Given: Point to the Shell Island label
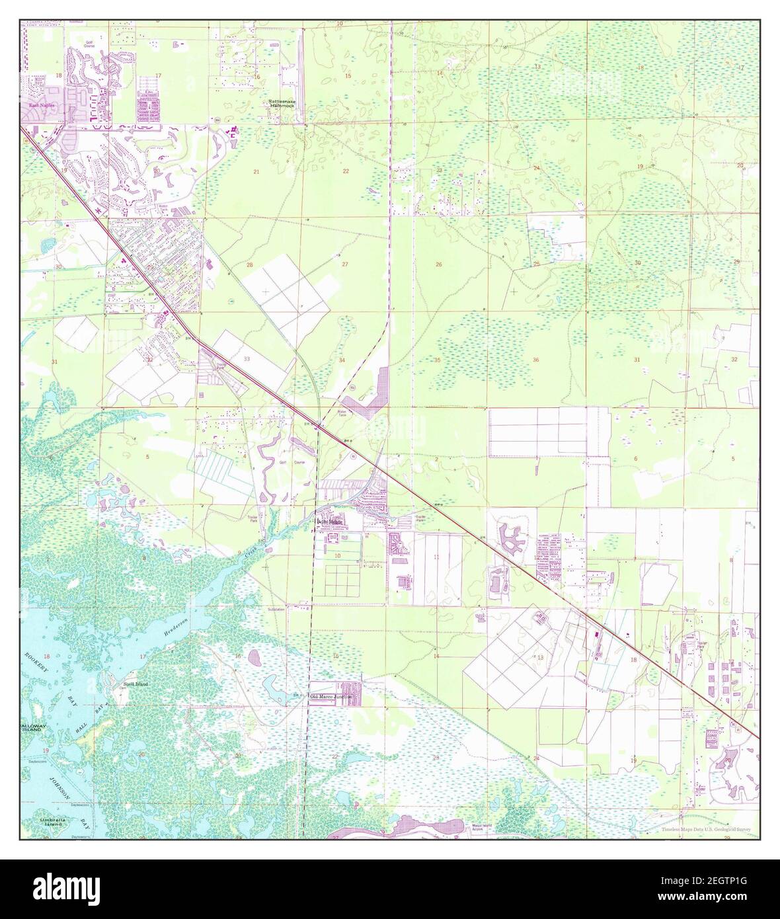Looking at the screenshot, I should click(x=134, y=684).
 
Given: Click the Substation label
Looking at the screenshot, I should click(x=276, y=608).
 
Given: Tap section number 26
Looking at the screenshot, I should click(x=438, y=264).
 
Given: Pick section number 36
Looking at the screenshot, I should click(x=535, y=360).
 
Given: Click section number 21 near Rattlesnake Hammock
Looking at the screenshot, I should click(x=256, y=171).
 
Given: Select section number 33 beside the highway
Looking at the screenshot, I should click(x=247, y=358).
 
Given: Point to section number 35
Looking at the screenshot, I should click(x=438, y=360).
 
